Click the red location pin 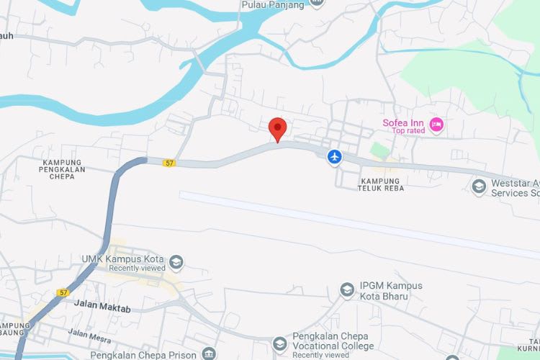(x=278, y=129)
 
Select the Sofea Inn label (x=402, y=122)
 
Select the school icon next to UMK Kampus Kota (x=176, y=261)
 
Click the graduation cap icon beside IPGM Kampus (x=347, y=289)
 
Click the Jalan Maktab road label (x=102, y=305)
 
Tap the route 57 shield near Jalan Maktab (x=64, y=293)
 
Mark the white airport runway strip (x=360, y=222)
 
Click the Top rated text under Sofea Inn (x=409, y=131)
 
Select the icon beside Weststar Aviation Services (x=479, y=187)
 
